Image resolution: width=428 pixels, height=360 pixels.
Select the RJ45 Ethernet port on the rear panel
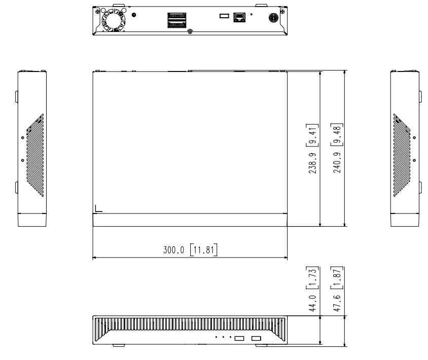click(x=239, y=17)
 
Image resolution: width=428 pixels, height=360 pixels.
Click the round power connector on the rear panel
click(x=272, y=17)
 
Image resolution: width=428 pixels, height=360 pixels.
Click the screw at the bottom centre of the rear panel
click(x=190, y=32)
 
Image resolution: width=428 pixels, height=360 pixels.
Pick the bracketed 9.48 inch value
click(x=336, y=134)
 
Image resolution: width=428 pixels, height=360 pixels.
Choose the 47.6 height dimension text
click(x=336, y=304)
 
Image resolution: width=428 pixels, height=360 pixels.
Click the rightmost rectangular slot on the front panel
click(x=256, y=338)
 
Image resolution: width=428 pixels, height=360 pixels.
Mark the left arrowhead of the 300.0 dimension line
click(x=95, y=258)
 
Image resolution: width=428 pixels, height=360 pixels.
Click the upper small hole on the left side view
click(x=22, y=137)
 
